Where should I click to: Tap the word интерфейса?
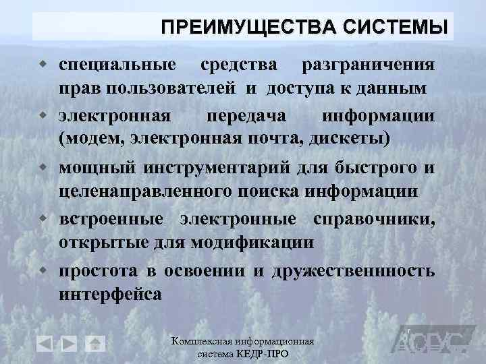click(110, 294)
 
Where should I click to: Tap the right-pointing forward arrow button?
click(70, 342)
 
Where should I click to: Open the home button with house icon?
click(95, 342)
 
